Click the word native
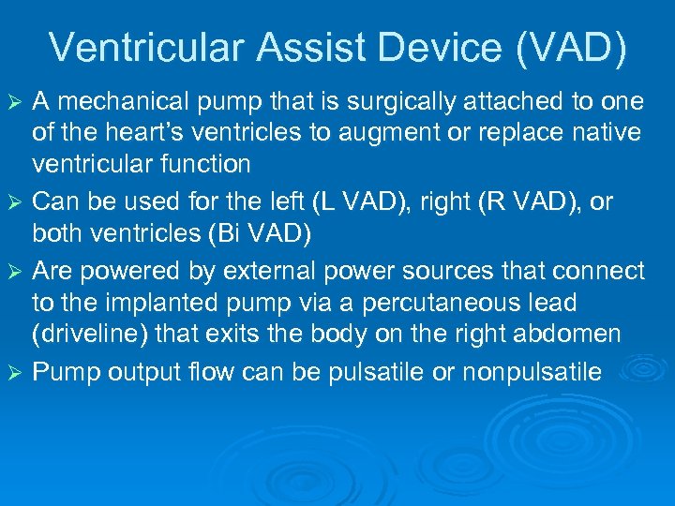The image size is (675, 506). [609, 133]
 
